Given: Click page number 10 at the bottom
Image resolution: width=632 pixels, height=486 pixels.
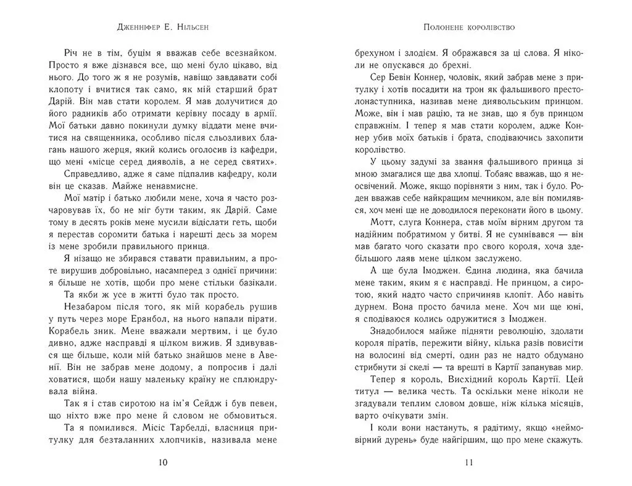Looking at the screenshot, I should click(163, 463).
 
